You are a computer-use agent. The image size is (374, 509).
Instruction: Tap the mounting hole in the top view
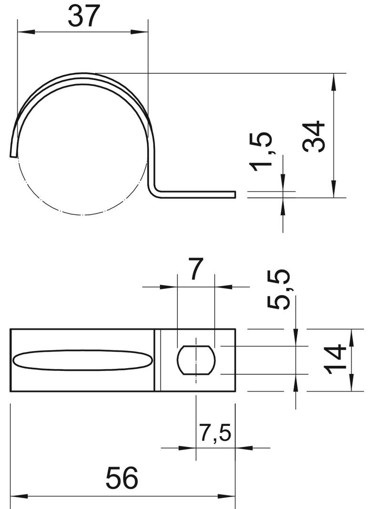click(x=196, y=360)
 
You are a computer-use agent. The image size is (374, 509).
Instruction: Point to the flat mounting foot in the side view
click(x=200, y=193)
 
